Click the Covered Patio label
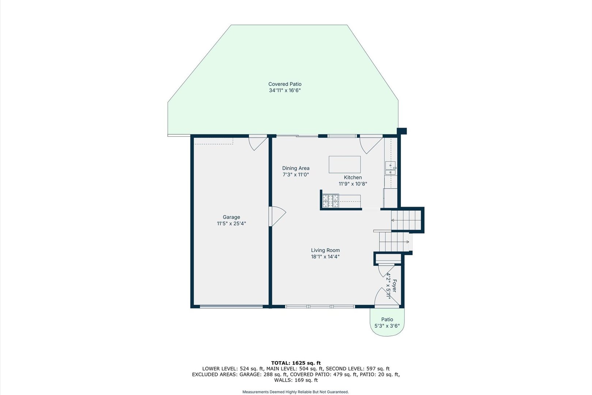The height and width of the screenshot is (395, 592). (285, 84)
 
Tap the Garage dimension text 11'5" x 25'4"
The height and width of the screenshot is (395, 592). (231, 223)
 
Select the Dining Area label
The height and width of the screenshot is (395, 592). (296, 168)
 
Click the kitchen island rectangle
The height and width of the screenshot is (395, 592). (344, 165)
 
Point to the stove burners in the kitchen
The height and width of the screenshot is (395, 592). (330, 201)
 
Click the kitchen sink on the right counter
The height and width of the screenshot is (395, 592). (390, 168)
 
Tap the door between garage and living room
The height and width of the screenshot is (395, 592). (277, 217)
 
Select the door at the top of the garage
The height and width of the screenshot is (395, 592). (257, 142)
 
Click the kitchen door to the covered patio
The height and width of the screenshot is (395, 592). (370, 143)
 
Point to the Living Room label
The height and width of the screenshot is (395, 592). (325, 250)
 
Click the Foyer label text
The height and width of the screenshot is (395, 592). (394, 286)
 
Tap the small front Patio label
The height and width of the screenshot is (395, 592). (387, 319)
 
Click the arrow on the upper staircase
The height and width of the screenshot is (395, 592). (393, 220)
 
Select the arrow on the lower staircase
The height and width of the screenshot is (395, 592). (407, 242)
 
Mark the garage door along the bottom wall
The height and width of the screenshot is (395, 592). (231, 306)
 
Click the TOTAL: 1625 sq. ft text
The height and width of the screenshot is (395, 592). (296, 363)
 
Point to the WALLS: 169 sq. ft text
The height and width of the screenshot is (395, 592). (296, 380)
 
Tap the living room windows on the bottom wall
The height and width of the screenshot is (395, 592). (320, 306)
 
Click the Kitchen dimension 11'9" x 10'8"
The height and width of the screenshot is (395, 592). (353, 184)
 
